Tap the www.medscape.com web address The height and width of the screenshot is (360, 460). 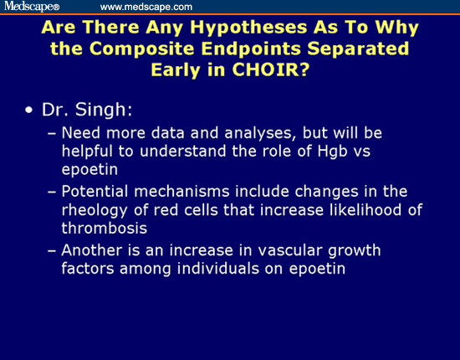pos(146,7)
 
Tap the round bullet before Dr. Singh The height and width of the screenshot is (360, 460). pos(30,111)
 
